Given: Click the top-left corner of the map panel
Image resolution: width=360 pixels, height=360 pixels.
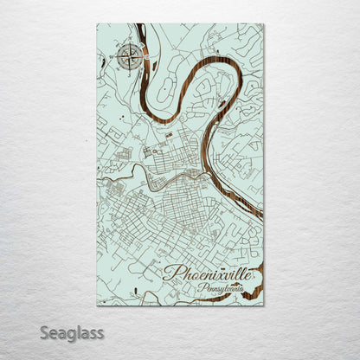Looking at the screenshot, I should (98, 25).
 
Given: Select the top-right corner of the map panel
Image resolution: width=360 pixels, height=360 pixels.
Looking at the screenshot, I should (263, 25).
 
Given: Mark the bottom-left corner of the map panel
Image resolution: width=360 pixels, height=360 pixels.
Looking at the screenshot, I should (98, 305).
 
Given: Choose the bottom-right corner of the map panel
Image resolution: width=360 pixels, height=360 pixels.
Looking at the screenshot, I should (263, 305).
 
